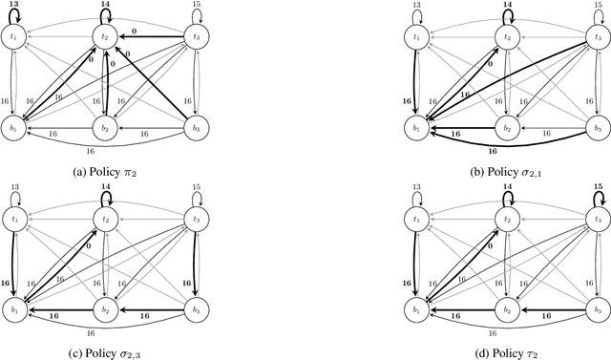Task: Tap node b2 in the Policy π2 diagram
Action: [x=105, y=130]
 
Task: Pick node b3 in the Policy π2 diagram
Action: [x=197, y=130]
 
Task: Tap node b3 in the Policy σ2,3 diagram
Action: [x=197, y=311]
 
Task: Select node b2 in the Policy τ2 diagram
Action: [x=506, y=311]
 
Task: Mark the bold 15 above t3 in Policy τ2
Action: [x=598, y=187]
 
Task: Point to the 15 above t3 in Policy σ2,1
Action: [x=598, y=6]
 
